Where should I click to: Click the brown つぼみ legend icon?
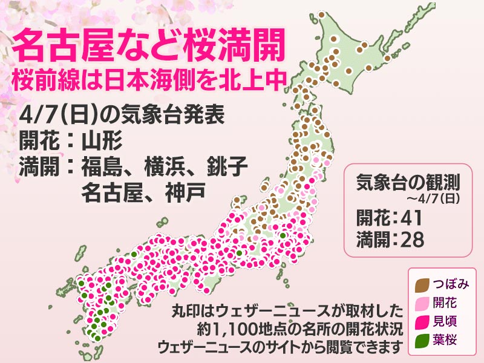[423, 283]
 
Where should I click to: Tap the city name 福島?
[102, 166]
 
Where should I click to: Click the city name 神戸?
[184, 192]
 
